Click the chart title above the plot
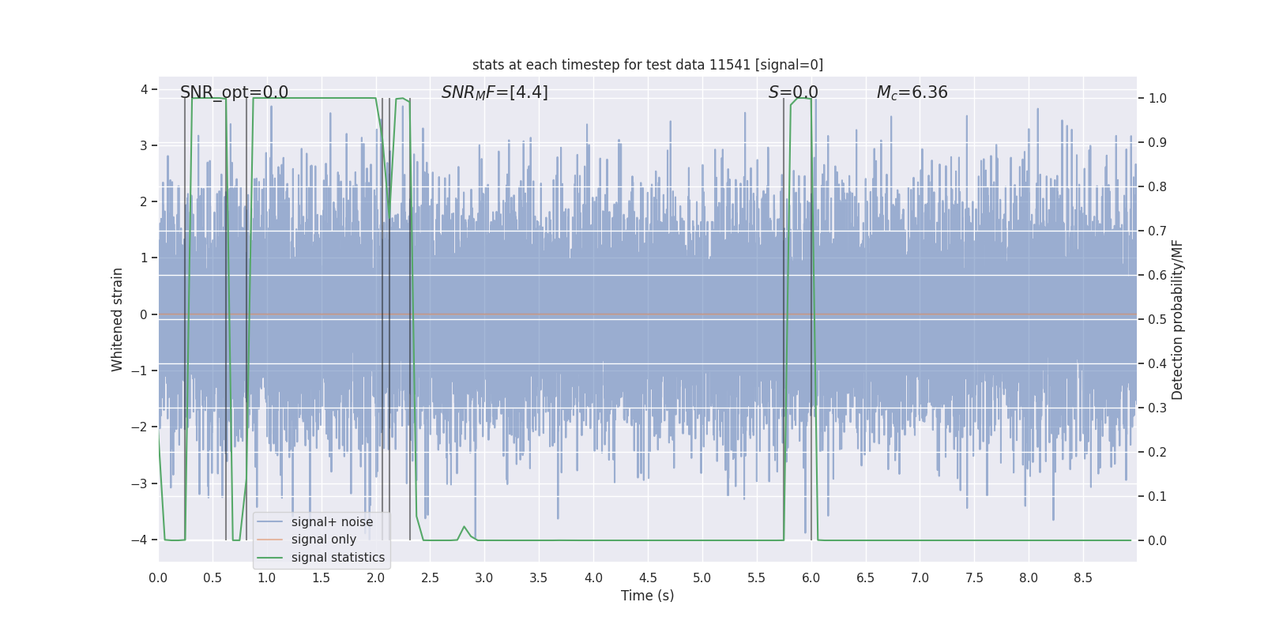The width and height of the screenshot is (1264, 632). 647,65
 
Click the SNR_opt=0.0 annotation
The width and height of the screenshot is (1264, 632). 234,92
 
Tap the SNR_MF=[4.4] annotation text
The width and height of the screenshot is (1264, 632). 495,92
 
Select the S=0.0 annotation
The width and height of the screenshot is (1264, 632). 793,92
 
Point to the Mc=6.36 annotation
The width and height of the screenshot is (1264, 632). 912,92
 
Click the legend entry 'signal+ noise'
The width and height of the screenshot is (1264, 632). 332,522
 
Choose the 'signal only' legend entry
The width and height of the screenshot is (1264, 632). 323,540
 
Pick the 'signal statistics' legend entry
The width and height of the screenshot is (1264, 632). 337,558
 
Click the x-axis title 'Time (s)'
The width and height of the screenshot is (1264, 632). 647,596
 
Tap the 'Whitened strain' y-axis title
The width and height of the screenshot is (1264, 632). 118,319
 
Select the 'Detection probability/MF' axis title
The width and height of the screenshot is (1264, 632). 1177,319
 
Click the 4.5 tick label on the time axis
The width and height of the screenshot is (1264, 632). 648,578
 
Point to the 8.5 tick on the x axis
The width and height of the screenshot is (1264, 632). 1083,578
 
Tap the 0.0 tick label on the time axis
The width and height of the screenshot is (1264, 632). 158,578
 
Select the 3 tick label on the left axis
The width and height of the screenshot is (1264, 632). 144,145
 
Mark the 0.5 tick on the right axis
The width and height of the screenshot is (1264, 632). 1157,320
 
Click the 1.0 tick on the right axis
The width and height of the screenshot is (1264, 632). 1157,99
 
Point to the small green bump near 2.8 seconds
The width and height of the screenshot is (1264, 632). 465,528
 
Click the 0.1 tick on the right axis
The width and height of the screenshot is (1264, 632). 1157,497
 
